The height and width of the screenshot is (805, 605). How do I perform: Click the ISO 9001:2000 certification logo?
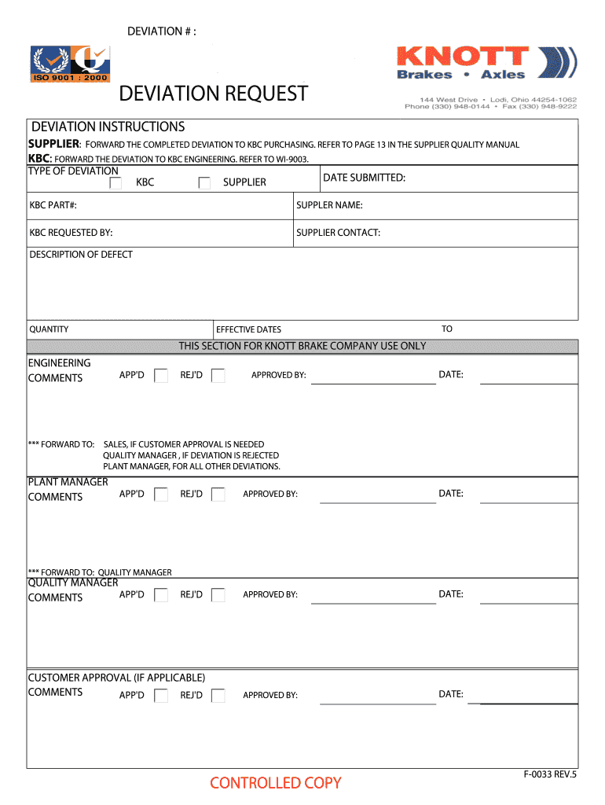[x=70, y=64]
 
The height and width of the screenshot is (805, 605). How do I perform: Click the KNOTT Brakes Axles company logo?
[x=486, y=62]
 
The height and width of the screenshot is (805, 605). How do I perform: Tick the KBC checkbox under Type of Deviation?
[x=115, y=182]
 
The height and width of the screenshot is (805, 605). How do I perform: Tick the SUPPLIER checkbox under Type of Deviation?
[x=204, y=182]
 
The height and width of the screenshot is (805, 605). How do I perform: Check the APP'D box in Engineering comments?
[x=161, y=375]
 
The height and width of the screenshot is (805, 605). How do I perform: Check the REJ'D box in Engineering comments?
[x=218, y=375]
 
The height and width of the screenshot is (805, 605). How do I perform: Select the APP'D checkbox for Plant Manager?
[x=161, y=494]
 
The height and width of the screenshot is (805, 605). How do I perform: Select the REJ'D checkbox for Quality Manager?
[x=218, y=595]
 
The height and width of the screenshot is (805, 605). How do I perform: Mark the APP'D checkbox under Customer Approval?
[x=161, y=695]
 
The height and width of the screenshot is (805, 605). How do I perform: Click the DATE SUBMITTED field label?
[x=364, y=178]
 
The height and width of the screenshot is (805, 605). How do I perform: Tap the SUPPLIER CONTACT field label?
[x=338, y=233]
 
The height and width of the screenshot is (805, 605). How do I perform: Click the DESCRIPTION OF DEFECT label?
[x=81, y=255]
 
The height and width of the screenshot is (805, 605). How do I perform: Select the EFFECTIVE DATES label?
[x=248, y=329]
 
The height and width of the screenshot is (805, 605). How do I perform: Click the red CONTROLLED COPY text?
[x=276, y=782]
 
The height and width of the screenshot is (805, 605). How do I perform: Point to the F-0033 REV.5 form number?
[x=550, y=774]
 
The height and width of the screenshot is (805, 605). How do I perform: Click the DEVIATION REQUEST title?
[x=214, y=94]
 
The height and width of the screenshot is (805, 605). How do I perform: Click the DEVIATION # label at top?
[x=162, y=31]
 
